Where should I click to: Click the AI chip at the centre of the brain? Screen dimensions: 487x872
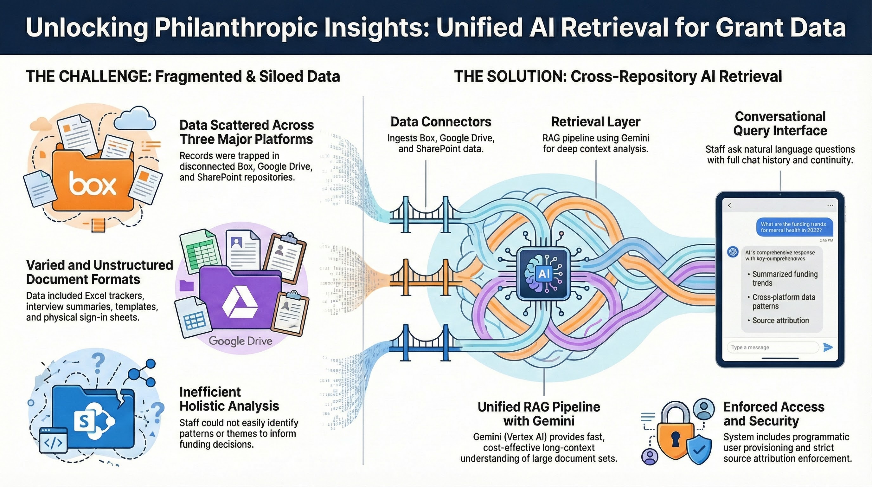pos(543,274)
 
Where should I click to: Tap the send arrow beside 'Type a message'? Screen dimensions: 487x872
pos(828,347)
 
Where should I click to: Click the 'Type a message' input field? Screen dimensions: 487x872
pos(772,347)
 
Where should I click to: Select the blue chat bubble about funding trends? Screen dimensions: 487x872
pos(794,227)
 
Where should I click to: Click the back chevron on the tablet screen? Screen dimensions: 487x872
pos(730,205)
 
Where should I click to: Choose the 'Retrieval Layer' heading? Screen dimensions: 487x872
pos(595,121)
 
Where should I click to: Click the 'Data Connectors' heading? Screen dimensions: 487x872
pos(441,121)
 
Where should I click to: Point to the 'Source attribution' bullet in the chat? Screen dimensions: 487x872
pos(780,320)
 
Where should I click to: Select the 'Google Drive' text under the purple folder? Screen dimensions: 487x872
pos(240,341)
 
